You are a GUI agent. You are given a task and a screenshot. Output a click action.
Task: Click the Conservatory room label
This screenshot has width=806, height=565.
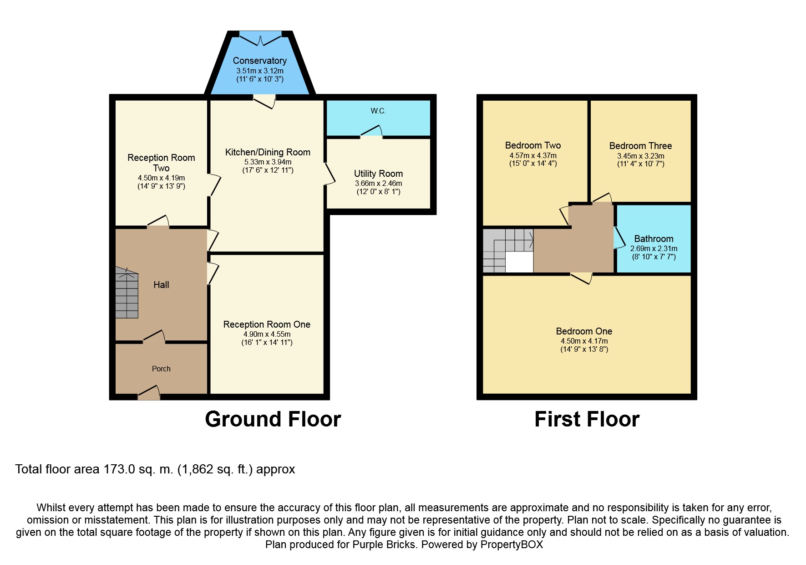click(259, 61)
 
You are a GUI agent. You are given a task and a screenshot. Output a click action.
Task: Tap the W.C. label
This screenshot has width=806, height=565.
click(378, 111)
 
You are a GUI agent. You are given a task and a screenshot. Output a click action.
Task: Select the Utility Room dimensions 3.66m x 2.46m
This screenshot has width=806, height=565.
click(379, 184)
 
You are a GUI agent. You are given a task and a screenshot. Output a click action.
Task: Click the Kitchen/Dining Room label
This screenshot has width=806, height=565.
click(268, 152)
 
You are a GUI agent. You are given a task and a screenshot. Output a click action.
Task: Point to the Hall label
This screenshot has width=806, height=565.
click(161, 285)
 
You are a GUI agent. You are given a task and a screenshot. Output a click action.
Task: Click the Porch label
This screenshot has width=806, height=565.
click(161, 369)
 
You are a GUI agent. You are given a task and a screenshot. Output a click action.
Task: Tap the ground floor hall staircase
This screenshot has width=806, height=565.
click(127, 293)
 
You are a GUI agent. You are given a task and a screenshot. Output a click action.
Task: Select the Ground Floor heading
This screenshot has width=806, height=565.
click(273, 419)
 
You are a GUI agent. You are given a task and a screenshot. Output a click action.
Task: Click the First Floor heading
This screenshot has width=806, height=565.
click(587, 419)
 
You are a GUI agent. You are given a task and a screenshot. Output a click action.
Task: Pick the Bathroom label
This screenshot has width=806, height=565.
click(654, 239)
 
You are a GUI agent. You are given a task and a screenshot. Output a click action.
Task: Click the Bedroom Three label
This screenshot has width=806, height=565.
click(640, 146)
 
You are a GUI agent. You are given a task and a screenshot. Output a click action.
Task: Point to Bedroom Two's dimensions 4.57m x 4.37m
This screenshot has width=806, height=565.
click(533, 155)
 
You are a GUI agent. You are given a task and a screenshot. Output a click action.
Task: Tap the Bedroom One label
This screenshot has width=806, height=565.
click(584, 331)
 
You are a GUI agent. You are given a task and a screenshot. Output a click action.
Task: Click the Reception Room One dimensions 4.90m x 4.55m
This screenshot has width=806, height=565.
click(267, 334)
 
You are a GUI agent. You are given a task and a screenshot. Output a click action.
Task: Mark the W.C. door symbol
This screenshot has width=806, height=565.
click(371, 131)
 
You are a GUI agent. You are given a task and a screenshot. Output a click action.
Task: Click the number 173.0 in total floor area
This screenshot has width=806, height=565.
click(119, 469)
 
